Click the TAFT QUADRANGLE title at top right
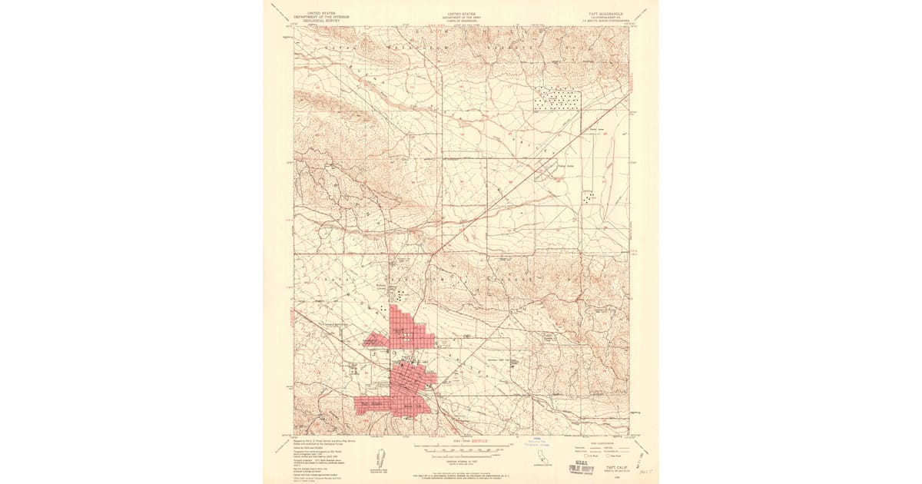click(600, 15)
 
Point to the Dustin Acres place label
click(592, 130)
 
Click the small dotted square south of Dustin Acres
click(589, 197)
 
